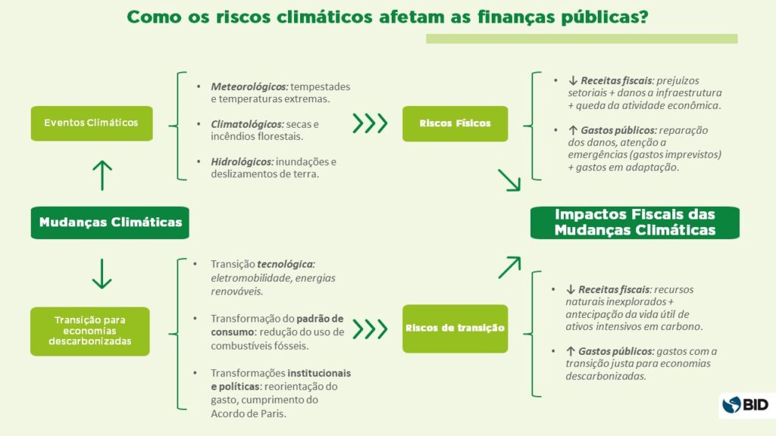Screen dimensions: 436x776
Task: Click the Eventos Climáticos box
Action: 91,123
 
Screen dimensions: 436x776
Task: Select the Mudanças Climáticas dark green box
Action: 111,223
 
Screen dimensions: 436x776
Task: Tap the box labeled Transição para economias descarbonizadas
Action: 90,330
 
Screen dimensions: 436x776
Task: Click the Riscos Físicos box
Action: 455,123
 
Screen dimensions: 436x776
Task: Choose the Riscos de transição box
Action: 455,329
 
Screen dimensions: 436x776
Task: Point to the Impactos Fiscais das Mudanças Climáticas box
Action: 634,222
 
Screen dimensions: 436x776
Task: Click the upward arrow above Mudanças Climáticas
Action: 102,175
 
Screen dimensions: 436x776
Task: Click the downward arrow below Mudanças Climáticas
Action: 102,272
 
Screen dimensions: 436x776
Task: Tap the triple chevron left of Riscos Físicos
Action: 370,123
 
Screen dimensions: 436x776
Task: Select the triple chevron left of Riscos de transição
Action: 370,329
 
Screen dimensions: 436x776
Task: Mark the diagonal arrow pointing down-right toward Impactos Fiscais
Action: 509,180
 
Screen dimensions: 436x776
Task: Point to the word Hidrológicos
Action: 242,161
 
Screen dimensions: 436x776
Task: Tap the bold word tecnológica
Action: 285,264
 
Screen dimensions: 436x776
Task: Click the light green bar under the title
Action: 581,39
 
